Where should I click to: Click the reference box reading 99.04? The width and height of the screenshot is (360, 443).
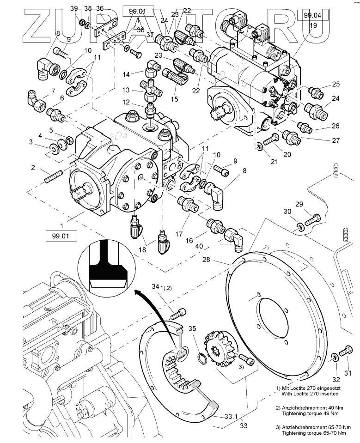312,15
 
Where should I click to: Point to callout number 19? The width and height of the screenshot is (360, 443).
313,26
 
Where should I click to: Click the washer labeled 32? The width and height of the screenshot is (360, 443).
334,357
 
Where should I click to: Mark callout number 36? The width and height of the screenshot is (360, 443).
100,8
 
